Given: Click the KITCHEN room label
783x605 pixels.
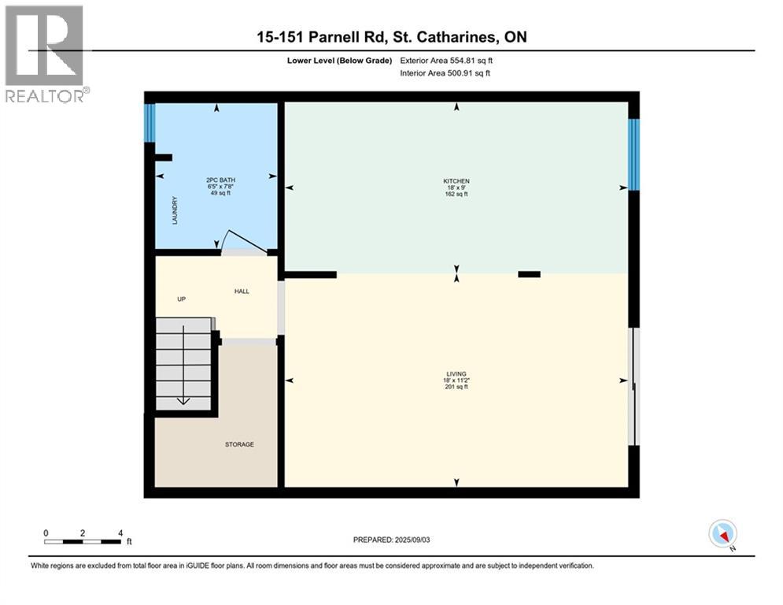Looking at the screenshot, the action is [456, 181].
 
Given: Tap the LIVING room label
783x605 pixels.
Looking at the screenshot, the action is [456, 374].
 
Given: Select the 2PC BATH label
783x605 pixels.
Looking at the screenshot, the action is [220, 180].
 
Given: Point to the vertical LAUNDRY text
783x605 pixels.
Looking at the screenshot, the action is [175, 210].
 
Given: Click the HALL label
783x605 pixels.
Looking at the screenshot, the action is [242, 291].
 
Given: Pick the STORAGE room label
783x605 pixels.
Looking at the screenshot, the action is [239, 444].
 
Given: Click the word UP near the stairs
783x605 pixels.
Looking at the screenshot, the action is [181, 299].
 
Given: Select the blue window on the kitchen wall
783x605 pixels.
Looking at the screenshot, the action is [633, 154].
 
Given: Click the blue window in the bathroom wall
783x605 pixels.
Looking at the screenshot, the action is [150, 123].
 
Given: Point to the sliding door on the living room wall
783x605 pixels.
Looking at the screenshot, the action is [633, 387].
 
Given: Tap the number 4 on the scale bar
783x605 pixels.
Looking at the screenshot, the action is [120, 533].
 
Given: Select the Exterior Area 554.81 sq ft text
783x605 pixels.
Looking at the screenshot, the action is [446, 61].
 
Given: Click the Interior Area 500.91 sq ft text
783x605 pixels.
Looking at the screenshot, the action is [445, 73].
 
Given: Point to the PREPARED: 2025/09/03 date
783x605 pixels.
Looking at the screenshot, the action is [392, 540].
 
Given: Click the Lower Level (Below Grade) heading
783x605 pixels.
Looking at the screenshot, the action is [340, 61].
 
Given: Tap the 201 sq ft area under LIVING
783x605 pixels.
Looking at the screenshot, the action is [456, 387].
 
